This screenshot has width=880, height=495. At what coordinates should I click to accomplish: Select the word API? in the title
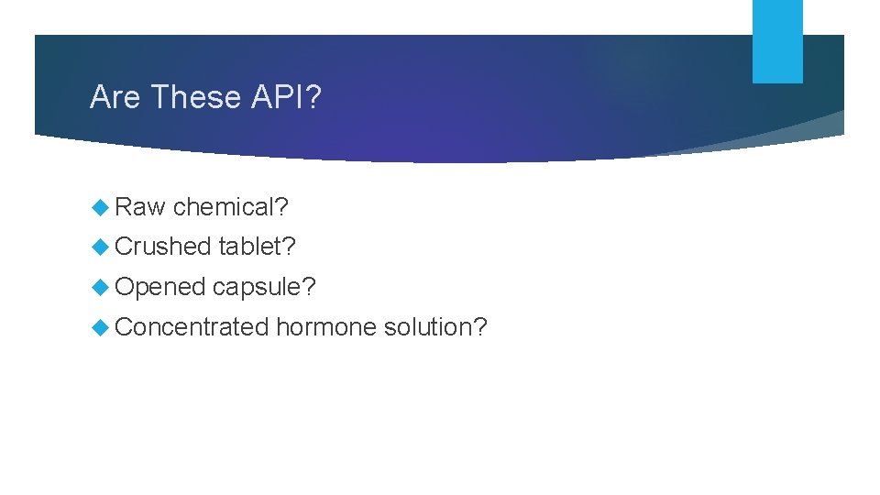tap(285, 97)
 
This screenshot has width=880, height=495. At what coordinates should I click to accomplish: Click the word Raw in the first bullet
tap(140, 207)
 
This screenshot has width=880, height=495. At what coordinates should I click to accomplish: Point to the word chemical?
tap(231, 208)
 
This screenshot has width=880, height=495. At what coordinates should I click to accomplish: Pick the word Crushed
tap(163, 247)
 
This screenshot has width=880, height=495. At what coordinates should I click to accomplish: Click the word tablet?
tap(258, 247)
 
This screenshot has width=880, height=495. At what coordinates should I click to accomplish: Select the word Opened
tap(160, 288)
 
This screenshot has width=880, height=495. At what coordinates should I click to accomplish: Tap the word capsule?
tap(264, 288)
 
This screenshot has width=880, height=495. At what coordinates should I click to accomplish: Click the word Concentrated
tap(192, 327)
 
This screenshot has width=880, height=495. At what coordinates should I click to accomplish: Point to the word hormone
tap(325, 327)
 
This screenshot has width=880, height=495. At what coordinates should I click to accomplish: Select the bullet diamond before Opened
tap(101, 287)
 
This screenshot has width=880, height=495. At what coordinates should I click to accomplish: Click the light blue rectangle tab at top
tap(777, 41)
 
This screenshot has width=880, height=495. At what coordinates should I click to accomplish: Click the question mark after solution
tap(480, 327)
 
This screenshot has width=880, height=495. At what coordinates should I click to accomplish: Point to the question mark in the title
tap(313, 97)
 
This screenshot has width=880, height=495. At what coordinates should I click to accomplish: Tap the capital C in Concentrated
tap(125, 327)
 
